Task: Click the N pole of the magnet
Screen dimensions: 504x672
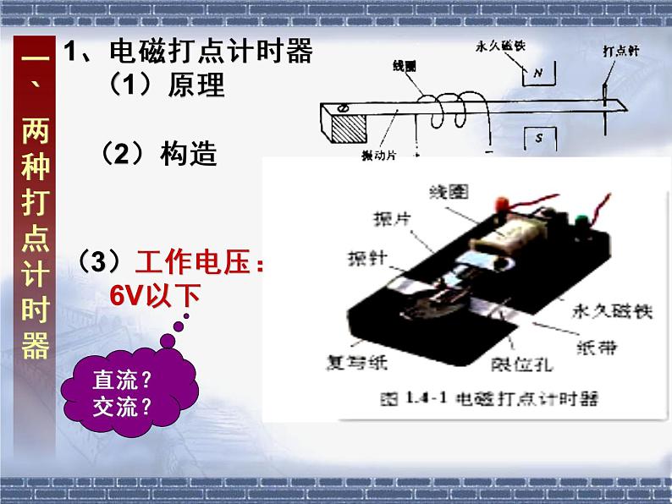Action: pyautogui.click(x=537, y=74)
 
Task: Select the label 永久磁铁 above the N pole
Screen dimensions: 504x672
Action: pyautogui.click(x=501, y=47)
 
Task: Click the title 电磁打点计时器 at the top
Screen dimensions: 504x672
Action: pyautogui.click(x=211, y=52)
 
